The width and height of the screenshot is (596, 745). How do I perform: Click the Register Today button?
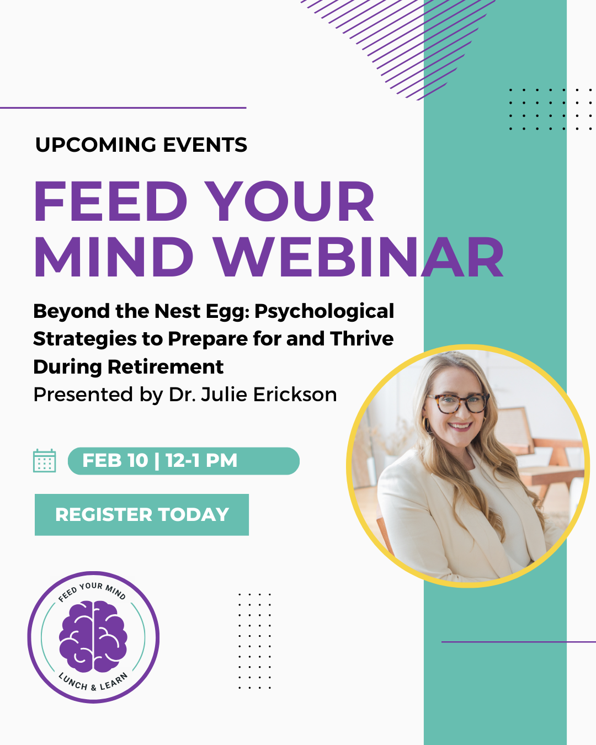[142, 514]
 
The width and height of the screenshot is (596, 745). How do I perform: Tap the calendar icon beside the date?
[44, 460]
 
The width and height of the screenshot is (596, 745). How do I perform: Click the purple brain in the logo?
[93, 637]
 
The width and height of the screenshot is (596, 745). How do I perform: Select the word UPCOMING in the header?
[96, 145]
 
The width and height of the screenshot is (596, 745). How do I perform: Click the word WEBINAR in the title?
[359, 257]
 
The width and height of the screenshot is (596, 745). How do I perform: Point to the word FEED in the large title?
[110, 201]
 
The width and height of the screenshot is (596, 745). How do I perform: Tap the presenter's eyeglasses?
[458, 403]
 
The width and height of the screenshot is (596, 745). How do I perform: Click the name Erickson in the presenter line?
[295, 395]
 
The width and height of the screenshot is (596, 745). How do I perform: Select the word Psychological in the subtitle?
[324, 312]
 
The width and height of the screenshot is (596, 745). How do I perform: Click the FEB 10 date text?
[115, 460]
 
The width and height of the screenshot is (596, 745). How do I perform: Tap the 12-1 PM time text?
[201, 460]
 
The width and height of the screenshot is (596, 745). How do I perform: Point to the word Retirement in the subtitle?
[166, 366]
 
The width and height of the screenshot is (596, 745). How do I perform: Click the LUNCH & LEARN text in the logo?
[93, 682]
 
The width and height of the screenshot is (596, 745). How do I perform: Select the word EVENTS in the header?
[205, 145]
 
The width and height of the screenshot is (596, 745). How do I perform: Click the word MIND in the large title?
[114, 257]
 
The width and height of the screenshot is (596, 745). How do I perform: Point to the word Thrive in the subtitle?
[362, 339]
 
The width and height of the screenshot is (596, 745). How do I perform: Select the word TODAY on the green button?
[194, 514]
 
